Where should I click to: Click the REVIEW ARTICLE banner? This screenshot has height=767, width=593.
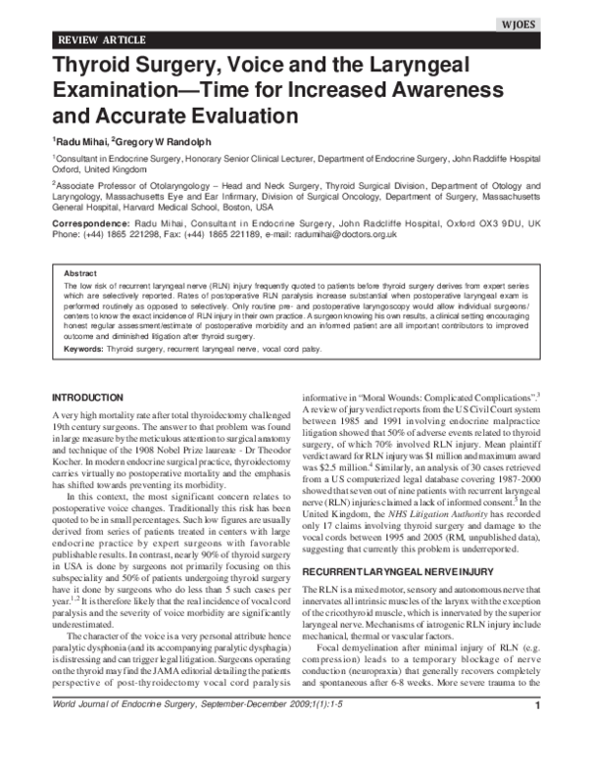[x=103, y=40]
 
